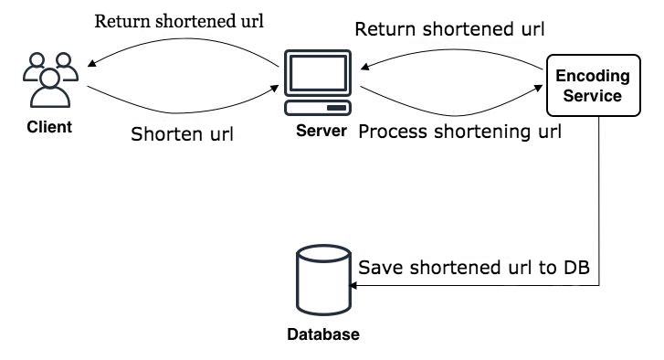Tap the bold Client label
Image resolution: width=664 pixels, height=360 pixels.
click(48, 126)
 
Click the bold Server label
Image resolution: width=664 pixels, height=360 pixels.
click(321, 132)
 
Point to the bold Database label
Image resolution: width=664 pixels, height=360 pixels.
click(323, 334)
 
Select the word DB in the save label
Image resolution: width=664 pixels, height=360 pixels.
click(577, 268)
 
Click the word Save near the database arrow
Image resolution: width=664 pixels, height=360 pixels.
click(379, 268)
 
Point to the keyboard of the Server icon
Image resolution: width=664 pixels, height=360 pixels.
click(318, 108)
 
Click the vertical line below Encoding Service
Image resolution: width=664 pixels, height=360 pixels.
click(600, 201)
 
